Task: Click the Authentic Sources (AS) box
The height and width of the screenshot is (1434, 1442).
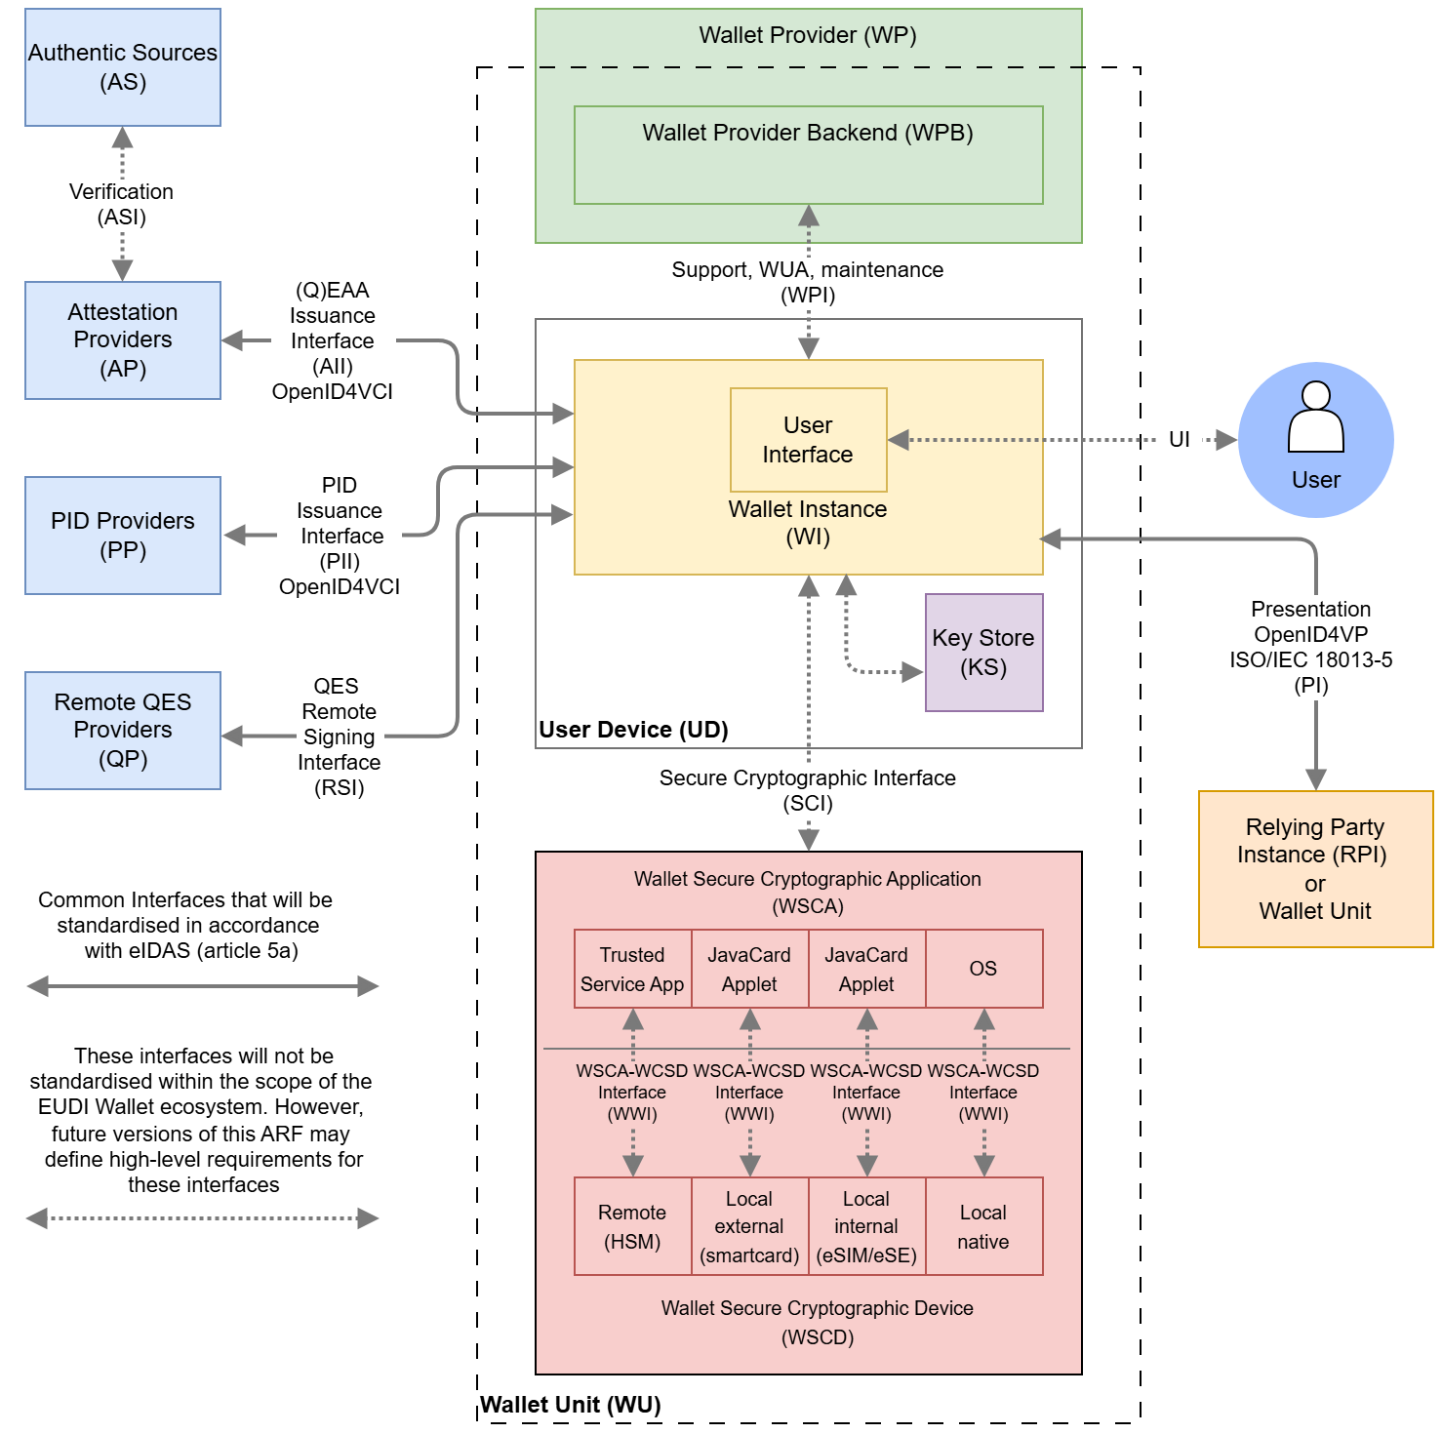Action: [x=123, y=67]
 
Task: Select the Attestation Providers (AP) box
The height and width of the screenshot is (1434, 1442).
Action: [x=123, y=340]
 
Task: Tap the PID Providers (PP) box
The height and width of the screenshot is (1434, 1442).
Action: [x=123, y=536]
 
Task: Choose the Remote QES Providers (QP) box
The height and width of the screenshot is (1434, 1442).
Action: [x=123, y=731]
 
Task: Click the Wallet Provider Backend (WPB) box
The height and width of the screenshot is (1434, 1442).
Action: [x=808, y=155]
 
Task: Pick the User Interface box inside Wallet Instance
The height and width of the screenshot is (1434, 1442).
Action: [x=808, y=440]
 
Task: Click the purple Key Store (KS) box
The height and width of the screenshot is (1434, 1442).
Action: [x=983, y=653]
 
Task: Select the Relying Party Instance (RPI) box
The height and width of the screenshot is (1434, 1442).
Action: [x=1315, y=869]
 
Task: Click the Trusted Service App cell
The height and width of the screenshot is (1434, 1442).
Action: [x=632, y=969]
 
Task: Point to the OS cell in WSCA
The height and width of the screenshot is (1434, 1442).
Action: [x=983, y=969]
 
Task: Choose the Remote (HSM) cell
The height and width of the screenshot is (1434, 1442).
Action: [x=632, y=1226]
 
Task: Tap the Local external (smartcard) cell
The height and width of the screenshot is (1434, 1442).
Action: [x=749, y=1226]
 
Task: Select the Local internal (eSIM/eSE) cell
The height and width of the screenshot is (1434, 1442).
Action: [x=866, y=1226]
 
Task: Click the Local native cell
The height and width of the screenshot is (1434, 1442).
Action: [x=983, y=1226]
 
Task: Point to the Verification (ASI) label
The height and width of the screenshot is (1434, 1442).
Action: [x=122, y=204]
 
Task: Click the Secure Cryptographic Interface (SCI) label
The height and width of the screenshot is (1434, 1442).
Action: [x=808, y=790]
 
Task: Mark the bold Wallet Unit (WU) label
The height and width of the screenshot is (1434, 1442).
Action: [x=571, y=1405]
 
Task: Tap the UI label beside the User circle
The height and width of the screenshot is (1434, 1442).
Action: [x=1179, y=440]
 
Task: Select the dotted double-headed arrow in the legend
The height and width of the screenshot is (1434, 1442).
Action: [x=202, y=1218]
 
